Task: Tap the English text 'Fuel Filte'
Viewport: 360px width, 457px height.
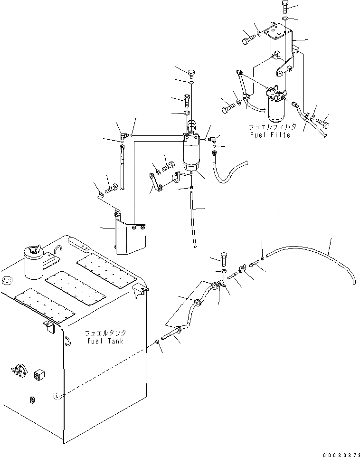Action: point(269,135)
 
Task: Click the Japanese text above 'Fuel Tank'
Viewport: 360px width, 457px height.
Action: point(106,333)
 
